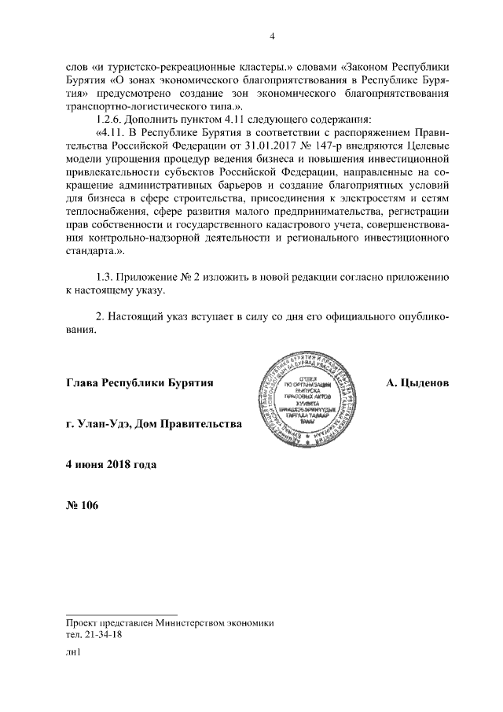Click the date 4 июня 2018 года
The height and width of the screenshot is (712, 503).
(111, 464)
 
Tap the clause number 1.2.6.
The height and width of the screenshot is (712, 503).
(108, 117)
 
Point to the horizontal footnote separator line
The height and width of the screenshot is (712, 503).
(122, 614)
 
